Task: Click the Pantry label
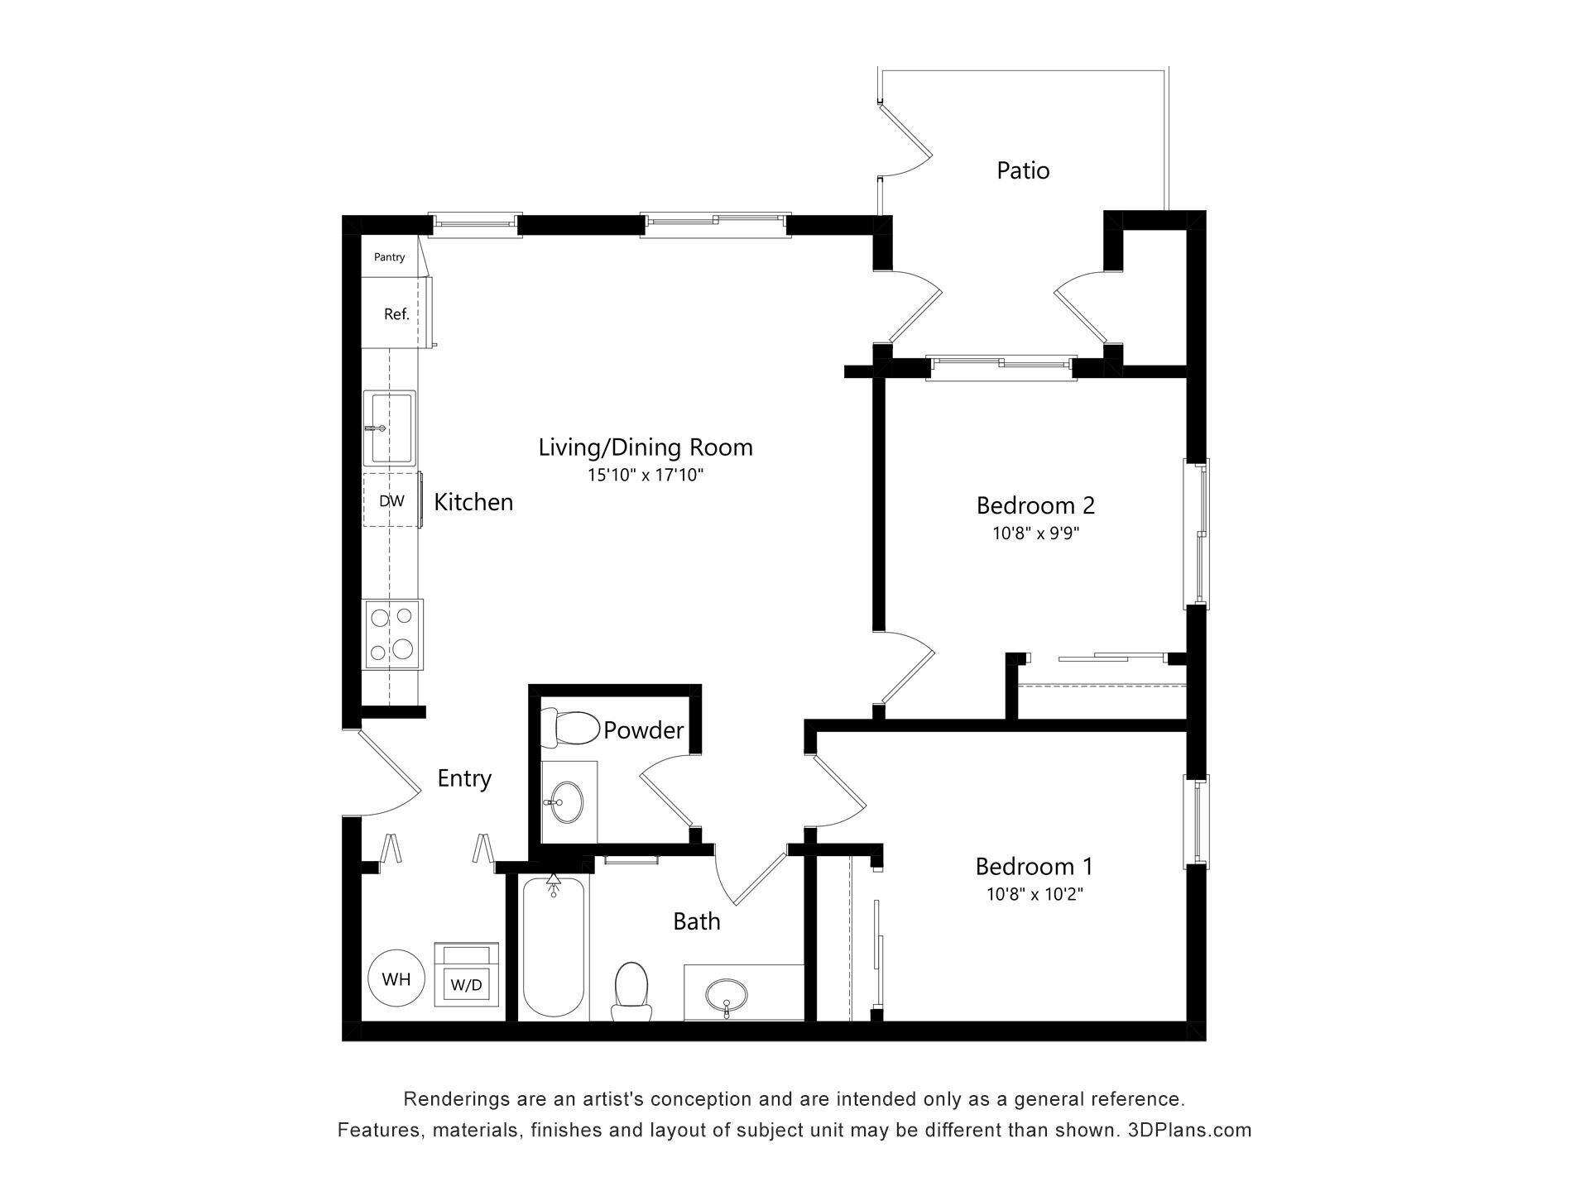click(x=389, y=257)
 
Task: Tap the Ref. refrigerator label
click(x=396, y=314)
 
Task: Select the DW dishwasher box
click(x=391, y=500)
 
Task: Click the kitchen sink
click(x=391, y=428)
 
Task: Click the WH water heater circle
click(x=396, y=979)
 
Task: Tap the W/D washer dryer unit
click(x=467, y=976)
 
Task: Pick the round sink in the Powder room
click(x=567, y=801)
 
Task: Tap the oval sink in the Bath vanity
click(x=726, y=992)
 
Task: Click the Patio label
click(x=1023, y=170)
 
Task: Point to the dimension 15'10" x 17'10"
click(x=646, y=475)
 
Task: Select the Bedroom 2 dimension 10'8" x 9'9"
click(x=1036, y=533)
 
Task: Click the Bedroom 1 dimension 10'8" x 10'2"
click(x=1035, y=894)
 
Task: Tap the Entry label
click(x=464, y=778)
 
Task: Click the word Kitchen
click(x=473, y=502)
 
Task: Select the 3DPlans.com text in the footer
click(x=1189, y=1130)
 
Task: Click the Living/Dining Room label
click(x=646, y=447)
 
